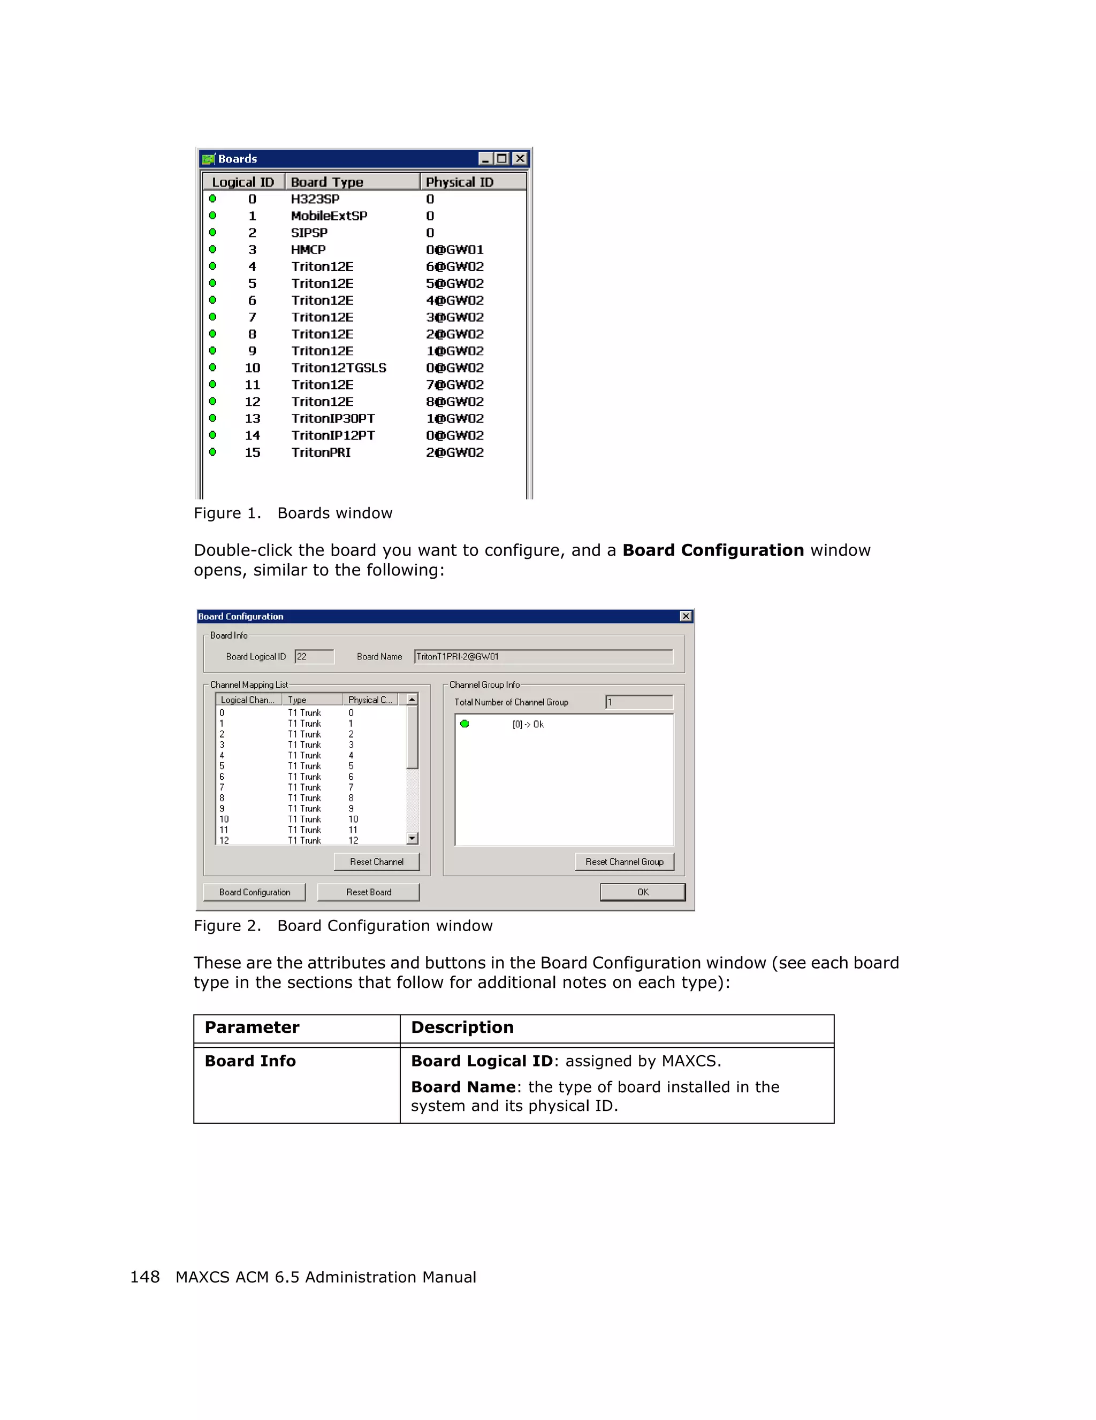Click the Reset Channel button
[377, 862]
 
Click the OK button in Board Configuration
[642, 892]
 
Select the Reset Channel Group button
[624, 862]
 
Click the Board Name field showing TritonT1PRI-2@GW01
[543, 657]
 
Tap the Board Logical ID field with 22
[314, 657]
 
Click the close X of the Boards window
[520, 159]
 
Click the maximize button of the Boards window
[502, 159]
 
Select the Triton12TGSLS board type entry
[338, 368]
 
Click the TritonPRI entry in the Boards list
[321, 452]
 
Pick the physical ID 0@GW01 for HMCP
[455, 250]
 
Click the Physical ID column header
[459, 182]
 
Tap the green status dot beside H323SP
[212, 199]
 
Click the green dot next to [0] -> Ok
[465, 724]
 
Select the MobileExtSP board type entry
[329, 216]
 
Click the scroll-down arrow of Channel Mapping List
[412, 839]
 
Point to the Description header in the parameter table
[462, 1027]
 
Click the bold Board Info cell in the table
[250, 1061]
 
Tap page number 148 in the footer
[144, 1277]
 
